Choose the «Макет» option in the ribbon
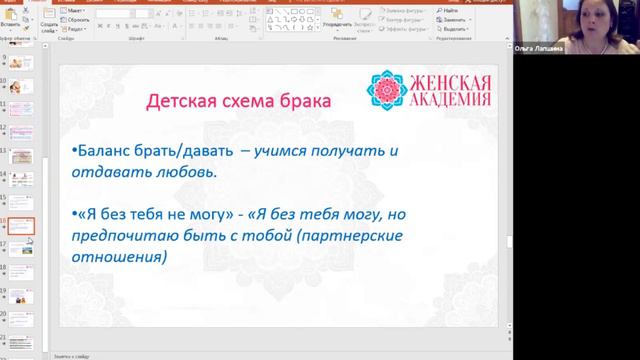[76, 10]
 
